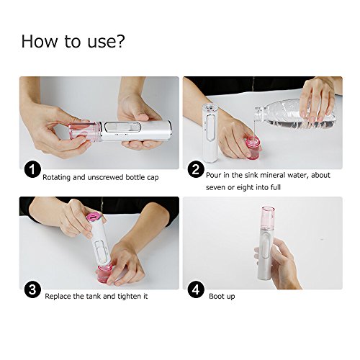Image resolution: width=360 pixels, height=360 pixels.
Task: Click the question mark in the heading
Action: pos(119,41)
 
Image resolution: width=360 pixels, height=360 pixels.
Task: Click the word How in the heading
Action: pos(40,41)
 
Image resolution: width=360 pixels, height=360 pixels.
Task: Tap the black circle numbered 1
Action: pos(32,170)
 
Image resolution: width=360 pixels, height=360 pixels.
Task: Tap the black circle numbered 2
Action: pos(196,170)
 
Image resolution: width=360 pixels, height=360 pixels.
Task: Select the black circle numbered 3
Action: pos(32,290)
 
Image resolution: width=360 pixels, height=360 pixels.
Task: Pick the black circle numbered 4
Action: pos(196,290)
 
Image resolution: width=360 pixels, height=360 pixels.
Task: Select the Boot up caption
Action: pos(222,297)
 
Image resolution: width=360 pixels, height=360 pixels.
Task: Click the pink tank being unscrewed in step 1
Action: pos(84,131)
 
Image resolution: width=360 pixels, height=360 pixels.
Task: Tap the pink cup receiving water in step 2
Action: pos(253,148)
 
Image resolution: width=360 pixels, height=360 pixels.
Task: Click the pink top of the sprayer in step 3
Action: pos(94,217)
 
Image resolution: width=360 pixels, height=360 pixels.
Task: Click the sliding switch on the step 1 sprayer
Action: pos(122,127)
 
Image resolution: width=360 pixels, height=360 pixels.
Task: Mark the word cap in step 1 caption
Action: pos(153,178)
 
